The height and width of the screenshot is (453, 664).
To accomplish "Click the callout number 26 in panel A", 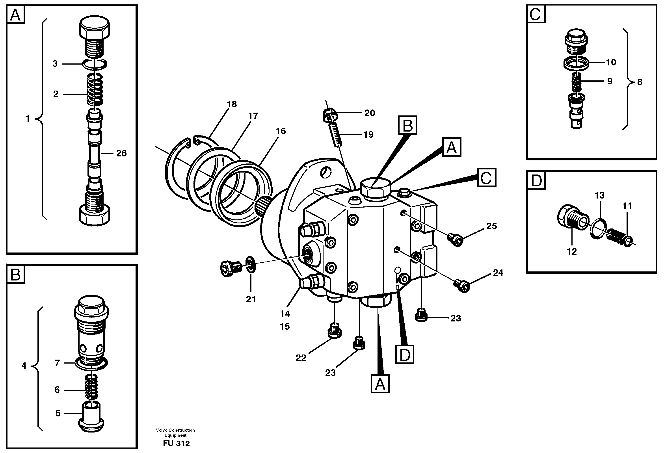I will point(121,154).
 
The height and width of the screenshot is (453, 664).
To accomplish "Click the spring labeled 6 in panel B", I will point(92,388).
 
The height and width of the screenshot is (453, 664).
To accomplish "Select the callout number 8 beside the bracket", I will point(640,82).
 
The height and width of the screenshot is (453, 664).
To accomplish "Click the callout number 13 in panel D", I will point(599,196).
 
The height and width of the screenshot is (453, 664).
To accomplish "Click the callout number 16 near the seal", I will point(281,131).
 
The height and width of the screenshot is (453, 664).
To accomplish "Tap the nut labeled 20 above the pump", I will point(331,115).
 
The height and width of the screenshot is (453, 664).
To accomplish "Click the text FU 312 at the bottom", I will point(176,443).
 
